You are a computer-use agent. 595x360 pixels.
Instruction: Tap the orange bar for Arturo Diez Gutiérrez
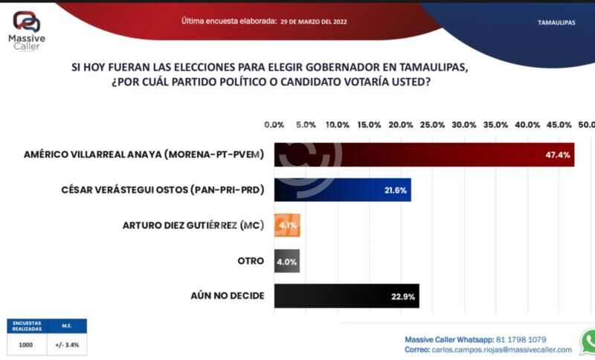coord(287,225)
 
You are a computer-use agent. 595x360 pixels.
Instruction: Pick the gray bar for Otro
coord(287,260)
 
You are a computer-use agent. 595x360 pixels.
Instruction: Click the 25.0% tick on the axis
coord(433,124)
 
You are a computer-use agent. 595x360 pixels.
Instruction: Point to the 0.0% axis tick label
coord(274,124)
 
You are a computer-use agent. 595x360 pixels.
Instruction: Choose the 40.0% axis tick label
coord(528,124)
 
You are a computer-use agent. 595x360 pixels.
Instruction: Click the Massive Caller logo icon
coord(27,21)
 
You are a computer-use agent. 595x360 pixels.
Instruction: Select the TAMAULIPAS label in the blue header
coord(556,23)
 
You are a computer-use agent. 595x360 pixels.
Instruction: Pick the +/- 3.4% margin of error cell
coord(67,344)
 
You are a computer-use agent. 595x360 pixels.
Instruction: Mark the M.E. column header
coord(67,326)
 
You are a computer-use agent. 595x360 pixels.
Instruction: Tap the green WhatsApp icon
coord(588,341)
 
